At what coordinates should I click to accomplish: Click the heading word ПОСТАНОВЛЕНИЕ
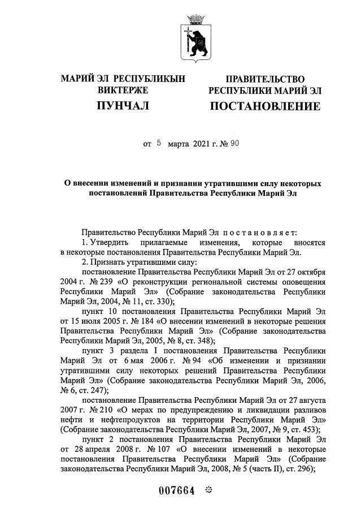tap(265, 106)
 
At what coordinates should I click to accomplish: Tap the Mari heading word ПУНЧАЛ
tap(123, 106)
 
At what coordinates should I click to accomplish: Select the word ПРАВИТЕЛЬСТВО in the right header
tap(265, 79)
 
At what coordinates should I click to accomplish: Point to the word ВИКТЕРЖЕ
tap(123, 90)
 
